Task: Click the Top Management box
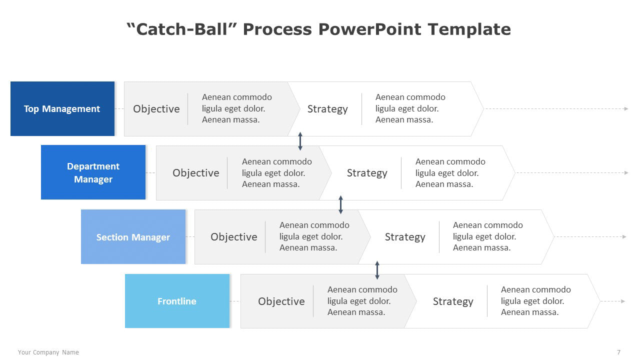coord(62,109)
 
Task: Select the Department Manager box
coord(93,172)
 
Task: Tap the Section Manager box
coord(133,237)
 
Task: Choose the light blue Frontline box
coord(177,301)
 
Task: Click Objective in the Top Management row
coord(156,109)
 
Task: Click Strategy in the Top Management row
coord(327,109)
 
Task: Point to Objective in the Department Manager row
coord(195,173)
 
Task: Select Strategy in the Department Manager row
coord(367,173)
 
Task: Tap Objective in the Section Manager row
coord(233,237)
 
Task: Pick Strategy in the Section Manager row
coord(405,237)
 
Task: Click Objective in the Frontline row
coord(281,301)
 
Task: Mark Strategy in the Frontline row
coord(452,301)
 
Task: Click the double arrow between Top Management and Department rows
coord(300,141)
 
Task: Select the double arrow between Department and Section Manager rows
coord(341,205)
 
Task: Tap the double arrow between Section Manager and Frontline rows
coord(377,269)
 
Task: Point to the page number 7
coord(619,352)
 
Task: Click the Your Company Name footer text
coord(48,352)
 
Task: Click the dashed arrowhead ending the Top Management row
coord(626,108)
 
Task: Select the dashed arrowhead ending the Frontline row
coord(623,301)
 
